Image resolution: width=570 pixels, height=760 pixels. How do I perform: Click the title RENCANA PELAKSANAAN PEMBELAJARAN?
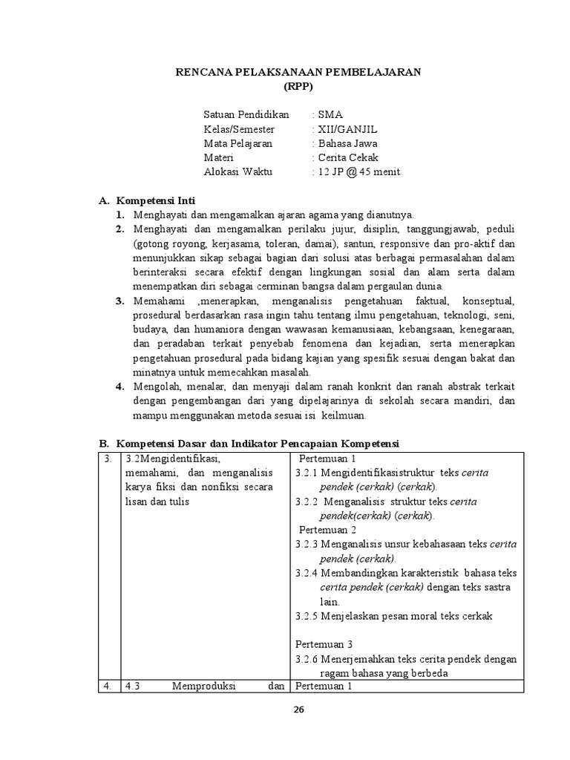(x=298, y=71)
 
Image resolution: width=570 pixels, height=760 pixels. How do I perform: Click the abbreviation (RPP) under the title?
(x=298, y=85)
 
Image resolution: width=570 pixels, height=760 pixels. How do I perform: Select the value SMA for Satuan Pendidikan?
(x=330, y=115)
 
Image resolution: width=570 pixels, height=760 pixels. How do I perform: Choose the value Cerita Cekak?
(x=347, y=157)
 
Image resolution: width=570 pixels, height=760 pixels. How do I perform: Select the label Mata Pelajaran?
(x=237, y=143)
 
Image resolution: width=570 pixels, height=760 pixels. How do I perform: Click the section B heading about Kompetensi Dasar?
(x=249, y=443)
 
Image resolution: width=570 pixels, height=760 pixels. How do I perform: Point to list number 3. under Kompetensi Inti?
(x=119, y=301)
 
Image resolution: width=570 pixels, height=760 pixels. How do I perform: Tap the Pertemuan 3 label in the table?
(x=324, y=643)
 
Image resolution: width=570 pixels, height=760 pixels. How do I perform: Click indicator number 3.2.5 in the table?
(x=307, y=615)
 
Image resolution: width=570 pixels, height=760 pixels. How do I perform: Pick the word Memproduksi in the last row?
(x=203, y=686)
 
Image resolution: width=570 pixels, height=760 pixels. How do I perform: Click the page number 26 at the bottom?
(x=298, y=710)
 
